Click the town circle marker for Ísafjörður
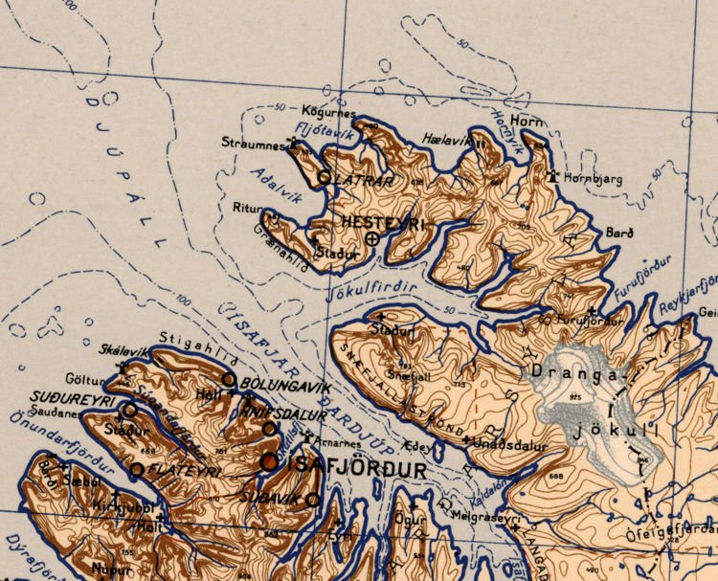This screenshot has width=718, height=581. point(269,462)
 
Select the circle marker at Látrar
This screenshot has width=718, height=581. point(324,177)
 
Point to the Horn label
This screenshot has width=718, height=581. point(527,122)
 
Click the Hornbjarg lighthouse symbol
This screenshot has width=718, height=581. point(552,176)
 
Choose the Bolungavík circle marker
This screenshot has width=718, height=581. point(229,380)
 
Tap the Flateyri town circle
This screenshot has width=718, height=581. point(137,469)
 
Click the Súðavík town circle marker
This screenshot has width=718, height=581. point(312,499)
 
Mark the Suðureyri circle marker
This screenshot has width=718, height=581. point(129,409)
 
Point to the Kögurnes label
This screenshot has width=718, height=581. point(328,113)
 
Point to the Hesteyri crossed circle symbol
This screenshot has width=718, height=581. point(371,238)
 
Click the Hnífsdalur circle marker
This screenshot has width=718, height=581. point(270,428)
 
